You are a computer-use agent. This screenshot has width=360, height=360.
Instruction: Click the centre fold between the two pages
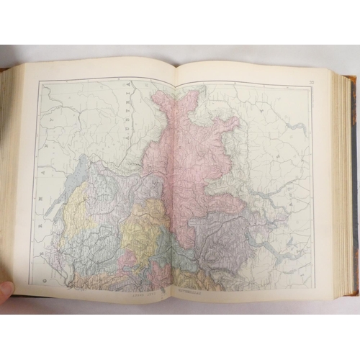[x=174, y=180]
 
